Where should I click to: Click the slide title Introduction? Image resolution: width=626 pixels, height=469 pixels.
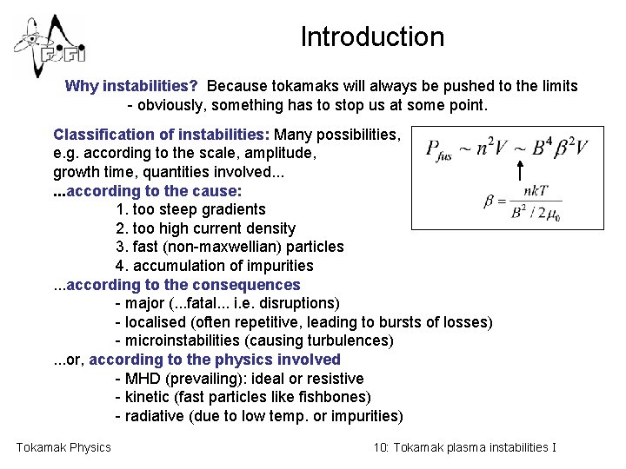[x=372, y=37]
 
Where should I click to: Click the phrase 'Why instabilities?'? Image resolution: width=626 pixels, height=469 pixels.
[x=132, y=86]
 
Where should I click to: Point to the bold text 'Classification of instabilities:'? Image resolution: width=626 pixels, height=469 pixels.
[x=161, y=135]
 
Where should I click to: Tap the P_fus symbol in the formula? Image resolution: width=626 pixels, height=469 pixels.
[x=444, y=149]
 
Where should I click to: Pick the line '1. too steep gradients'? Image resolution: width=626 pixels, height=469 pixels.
[x=190, y=209]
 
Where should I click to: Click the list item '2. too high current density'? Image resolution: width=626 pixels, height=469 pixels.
[x=205, y=228]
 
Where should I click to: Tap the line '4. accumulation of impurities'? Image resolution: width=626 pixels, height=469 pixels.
[x=214, y=266]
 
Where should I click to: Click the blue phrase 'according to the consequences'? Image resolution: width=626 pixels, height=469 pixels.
[x=183, y=285]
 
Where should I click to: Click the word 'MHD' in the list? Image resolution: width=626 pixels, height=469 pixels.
[x=142, y=379]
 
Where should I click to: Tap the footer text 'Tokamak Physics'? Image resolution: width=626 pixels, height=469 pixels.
[x=63, y=447]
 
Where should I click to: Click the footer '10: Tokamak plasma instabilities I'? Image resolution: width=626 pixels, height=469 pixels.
[x=464, y=447]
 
